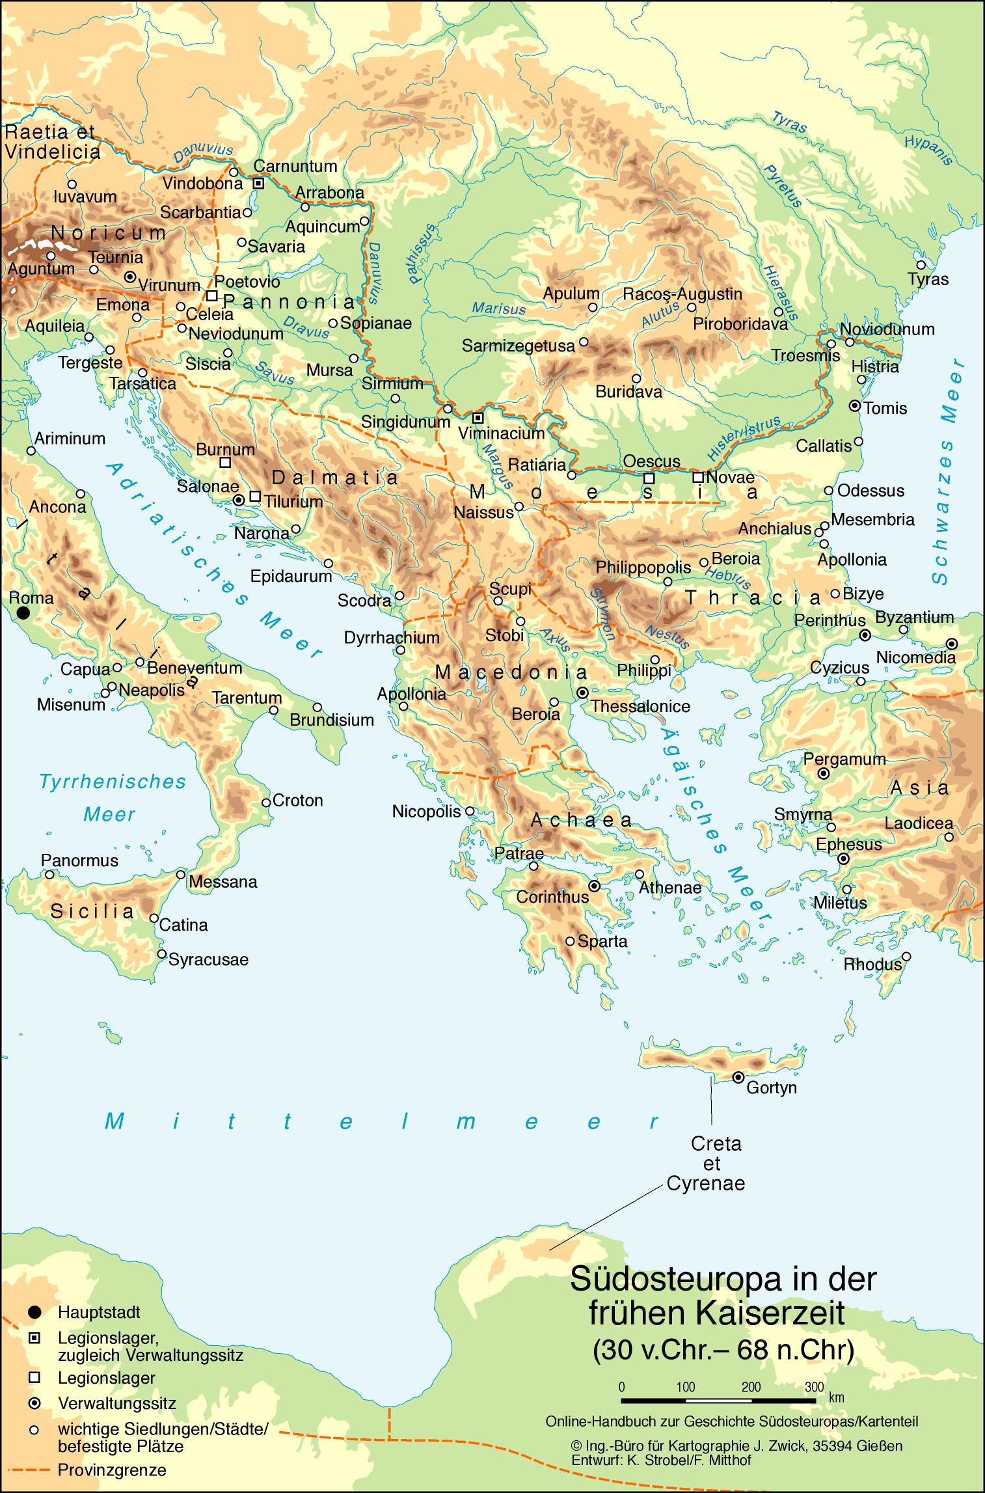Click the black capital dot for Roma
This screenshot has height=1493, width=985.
click(23, 612)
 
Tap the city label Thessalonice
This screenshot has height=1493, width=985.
click(640, 706)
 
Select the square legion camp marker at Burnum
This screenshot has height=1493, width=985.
click(225, 463)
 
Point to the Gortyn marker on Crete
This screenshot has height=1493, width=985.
click(738, 1077)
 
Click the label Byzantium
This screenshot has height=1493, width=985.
click(914, 616)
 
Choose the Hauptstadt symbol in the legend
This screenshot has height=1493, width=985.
click(35, 1312)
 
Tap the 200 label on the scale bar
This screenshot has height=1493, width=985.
click(751, 1387)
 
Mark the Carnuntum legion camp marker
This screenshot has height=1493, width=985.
click(258, 184)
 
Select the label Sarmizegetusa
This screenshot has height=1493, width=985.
click(519, 346)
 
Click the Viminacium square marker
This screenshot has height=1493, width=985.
click(478, 417)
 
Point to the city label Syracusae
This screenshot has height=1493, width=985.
click(208, 959)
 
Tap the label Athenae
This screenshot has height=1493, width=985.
click(670, 888)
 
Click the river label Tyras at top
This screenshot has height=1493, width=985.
click(789, 122)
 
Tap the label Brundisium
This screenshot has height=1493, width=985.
click(332, 720)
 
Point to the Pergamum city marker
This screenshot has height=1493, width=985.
click(824, 774)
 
